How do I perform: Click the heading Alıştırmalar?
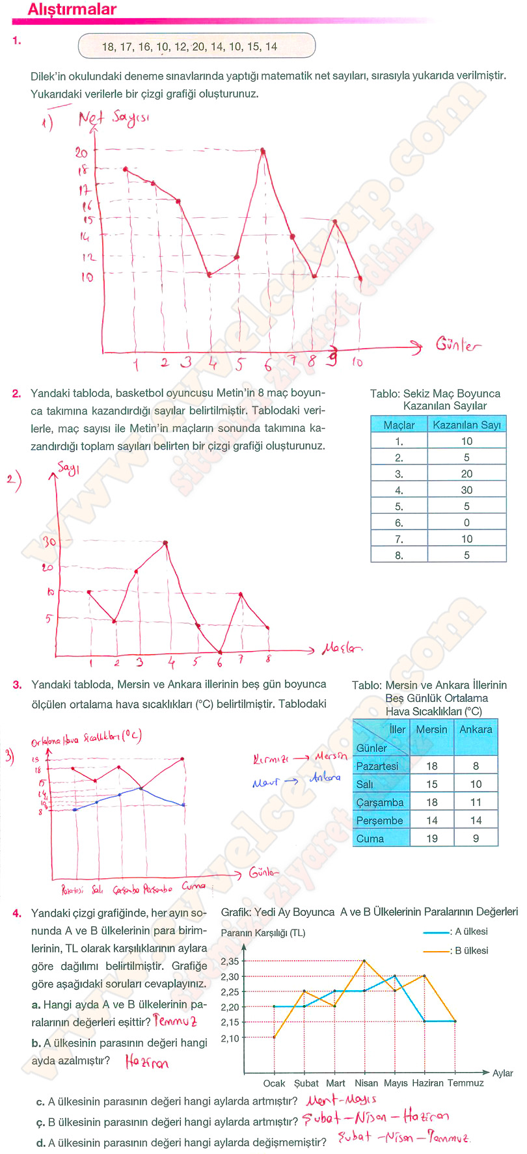click(x=72, y=10)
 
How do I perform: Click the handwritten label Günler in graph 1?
click(x=458, y=345)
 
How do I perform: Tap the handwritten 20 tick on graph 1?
click(x=81, y=152)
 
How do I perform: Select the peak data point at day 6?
click(x=263, y=151)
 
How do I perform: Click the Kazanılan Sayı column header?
click(x=466, y=425)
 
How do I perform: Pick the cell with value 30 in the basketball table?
click(x=466, y=490)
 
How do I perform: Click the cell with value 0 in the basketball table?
click(x=466, y=522)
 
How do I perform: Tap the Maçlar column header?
click(x=399, y=425)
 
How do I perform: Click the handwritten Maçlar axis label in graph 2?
click(x=342, y=649)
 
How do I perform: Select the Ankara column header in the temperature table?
click(x=476, y=730)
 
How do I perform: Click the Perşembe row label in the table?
click(x=380, y=820)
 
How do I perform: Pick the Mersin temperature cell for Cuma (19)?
click(x=432, y=839)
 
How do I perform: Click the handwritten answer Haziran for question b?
click(x=146, y=1062)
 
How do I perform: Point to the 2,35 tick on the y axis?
click(x=230, y=961)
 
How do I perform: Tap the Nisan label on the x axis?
click(x=366, y=1083)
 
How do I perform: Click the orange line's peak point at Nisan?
click(x=364, y=961)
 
